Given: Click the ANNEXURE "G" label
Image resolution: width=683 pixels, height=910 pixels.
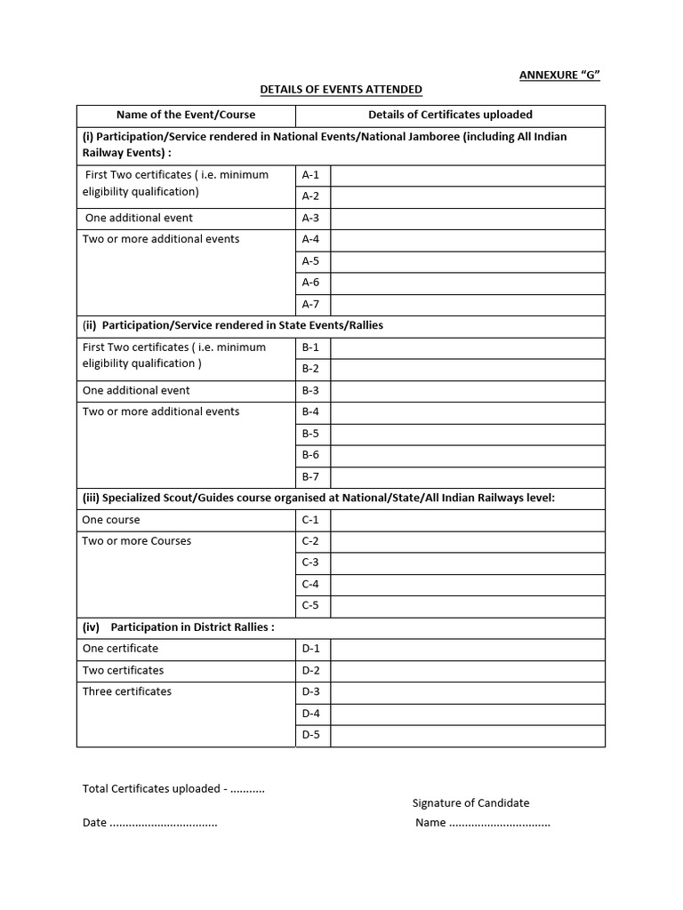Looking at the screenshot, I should [x=559, y=75].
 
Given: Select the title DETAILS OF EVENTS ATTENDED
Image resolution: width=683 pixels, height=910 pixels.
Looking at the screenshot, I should [x=341, y=90].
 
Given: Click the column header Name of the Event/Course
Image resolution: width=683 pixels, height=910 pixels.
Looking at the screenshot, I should [x=186, y=115].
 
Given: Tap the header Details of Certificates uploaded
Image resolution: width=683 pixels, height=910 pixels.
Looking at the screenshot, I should [x=450, y=115].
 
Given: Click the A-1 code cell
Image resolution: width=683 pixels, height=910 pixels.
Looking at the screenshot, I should [x=311, y=175].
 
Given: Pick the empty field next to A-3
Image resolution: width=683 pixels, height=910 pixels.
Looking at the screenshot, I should [x=467, y=219].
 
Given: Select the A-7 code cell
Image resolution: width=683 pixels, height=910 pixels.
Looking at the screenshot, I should [x=311, y=305].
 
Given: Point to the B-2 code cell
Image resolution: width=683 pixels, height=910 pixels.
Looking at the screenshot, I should [x=311, y=369].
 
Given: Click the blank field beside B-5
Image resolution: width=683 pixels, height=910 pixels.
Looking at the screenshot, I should [x=467, y=434].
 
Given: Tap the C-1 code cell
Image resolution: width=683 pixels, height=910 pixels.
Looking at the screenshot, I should [x=311, y=520].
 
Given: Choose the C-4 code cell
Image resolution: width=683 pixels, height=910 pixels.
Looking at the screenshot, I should [x=311, y=585].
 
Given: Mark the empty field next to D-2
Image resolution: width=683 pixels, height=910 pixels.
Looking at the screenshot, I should [x=467, y=671].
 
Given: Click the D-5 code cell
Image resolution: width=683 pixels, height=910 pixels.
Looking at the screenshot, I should [x=311, y=735].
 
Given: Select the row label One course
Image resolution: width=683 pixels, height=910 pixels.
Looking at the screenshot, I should [x=111, y=520].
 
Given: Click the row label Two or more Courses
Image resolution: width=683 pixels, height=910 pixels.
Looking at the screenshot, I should [x=137, y=541].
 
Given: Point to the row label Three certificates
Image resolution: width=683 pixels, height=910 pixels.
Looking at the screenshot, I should [x=127, y=691].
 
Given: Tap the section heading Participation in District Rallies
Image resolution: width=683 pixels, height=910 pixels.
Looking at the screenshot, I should [x=192, y=627].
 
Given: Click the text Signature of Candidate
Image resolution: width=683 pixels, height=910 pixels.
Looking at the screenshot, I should [x=470, y=803].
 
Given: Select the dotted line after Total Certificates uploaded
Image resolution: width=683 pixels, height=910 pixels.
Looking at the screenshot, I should [x=247, y=790].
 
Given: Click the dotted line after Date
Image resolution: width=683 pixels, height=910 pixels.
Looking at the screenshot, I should [x=164, y=824].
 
